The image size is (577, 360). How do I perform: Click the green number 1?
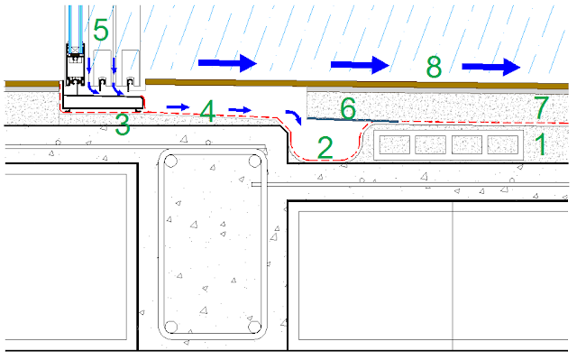click(x=540, y=144)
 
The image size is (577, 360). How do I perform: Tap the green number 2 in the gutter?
click(x=325, y=148)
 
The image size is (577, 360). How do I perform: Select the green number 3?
click(x=123, y=125)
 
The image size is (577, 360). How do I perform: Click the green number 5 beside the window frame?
click(x=101, y=30)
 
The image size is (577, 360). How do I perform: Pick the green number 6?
click(x=348, y=108)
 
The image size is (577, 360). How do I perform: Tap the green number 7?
click(x=541, y=107)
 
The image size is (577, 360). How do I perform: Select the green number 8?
click(x=434, y=67)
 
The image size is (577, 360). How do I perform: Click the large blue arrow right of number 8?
click(x=491, y=67)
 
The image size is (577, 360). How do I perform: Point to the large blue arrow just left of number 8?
click(x=360, y=65)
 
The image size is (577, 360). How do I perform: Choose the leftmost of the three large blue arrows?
click(x=227, y=63)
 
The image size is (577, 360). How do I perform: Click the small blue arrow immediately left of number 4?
click(x=178, y=107)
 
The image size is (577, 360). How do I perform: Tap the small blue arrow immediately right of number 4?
click(x=240, y=109)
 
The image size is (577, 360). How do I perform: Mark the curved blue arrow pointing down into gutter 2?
click(x=295, y=115)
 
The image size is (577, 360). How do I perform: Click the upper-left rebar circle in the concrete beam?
click(x=170, y=162)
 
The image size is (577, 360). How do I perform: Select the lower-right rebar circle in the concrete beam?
click(x=254, y=327)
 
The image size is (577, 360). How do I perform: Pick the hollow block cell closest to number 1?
click(x=503, y=144)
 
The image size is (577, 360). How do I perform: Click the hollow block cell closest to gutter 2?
click(x=395, y=144)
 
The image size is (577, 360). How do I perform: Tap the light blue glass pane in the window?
click(x=75, y=25)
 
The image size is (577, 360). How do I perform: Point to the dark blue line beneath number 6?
click(x=353, y=120)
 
